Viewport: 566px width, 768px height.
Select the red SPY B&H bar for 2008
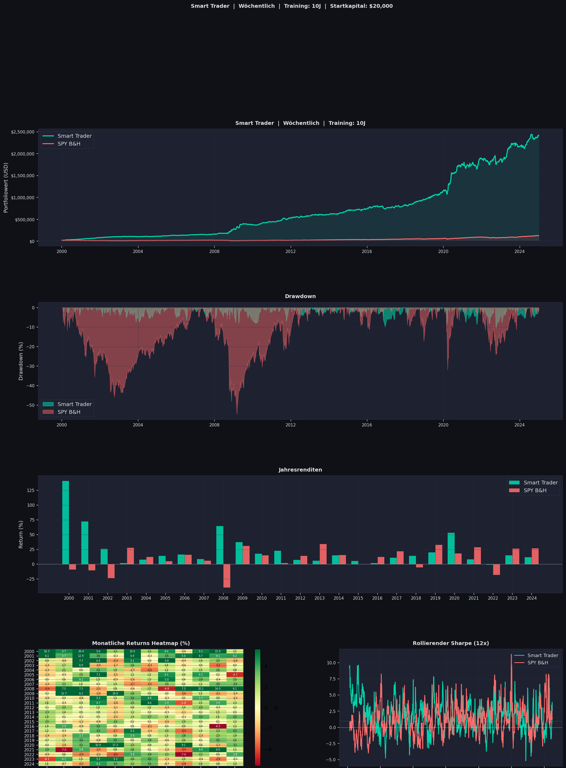coord(227,576)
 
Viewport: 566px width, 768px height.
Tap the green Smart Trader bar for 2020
coord(451,548)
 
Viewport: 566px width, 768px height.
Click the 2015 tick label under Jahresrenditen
coord(358,598)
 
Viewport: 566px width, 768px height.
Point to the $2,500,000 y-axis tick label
coord(23,132)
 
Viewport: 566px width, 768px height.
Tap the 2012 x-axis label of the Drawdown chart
coord(291,425)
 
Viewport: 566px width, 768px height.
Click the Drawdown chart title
coord(300,296)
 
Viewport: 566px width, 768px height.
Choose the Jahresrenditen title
coord(300,470)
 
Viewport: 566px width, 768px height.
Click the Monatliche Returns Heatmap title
coord(141,643)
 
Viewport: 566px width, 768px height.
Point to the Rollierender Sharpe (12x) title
coord(451,643)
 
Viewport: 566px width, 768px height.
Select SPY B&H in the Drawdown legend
coord(68,412)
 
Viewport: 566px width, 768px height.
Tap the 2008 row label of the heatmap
coord(29,689)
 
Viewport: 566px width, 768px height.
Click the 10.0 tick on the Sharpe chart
coord(331,663)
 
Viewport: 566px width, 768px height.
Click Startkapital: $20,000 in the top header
coord(361,6)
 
